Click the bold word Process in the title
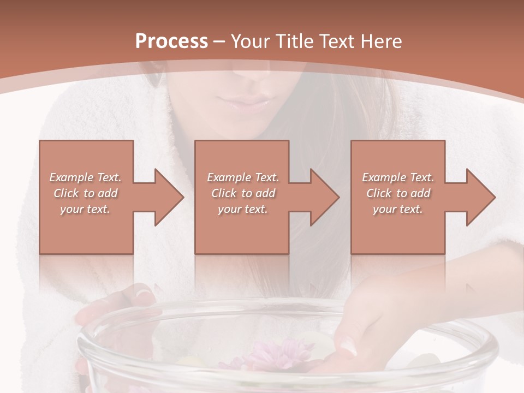tap(171, 41)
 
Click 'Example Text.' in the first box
tap(86, 177)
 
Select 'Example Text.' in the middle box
tap(243, 177)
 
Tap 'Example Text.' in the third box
tap(398, 177)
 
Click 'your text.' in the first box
tap(85, 209)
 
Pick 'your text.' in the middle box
tap(242, 209)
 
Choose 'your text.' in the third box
tap(397, 209)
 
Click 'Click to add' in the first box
tap(86, 193)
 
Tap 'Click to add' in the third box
tap(398, 193)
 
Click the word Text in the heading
tap(338, 41)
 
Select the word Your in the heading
tap(248, 41)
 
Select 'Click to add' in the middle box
tap(243, 193)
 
